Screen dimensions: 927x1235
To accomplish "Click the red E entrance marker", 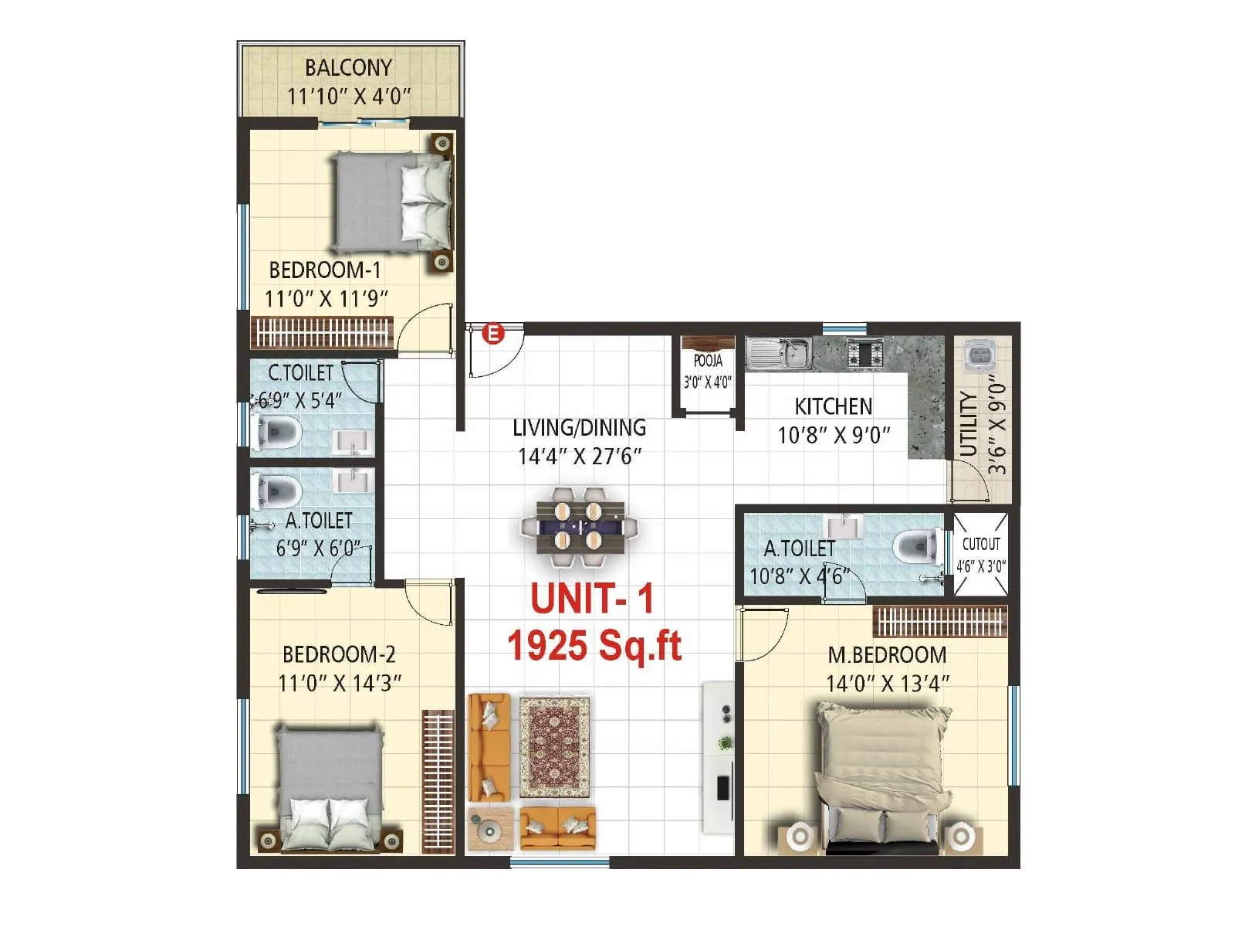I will click(493, 334).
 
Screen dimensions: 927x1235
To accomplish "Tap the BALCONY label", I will click(348, 68).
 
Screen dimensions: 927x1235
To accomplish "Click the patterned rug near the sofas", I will click(554, 747).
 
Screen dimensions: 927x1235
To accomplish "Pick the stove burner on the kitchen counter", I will click(865, 353).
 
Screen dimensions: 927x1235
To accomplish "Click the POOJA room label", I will click(708, 361).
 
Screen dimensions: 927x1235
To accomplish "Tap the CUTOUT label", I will click(981, 544).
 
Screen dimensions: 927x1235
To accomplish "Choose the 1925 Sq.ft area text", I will click(594, 644).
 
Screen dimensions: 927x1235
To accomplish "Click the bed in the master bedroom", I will click(881, 772).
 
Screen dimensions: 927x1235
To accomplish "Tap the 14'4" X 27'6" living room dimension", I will click(580, 457).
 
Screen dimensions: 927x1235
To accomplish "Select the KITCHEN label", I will click(834, 406).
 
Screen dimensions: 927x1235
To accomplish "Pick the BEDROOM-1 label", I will click(325, 270).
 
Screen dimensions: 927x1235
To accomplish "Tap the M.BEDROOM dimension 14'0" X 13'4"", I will click(888, 684).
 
